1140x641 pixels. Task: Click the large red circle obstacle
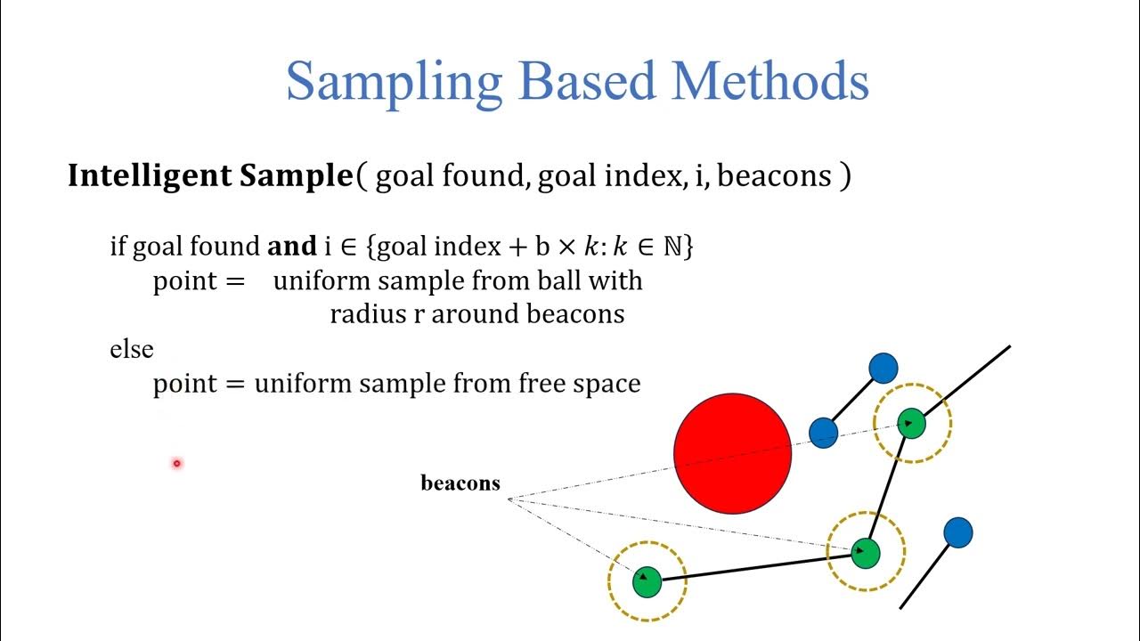732,454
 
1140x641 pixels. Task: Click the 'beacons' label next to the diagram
460,483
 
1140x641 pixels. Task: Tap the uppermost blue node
883,368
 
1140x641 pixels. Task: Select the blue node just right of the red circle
824,434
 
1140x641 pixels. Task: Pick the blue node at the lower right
957,533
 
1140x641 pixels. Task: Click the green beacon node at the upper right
911,424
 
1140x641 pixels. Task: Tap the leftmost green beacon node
647,581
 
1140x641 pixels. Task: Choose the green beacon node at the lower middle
865,552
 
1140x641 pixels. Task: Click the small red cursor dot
176,463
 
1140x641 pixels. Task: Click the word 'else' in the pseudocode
132,350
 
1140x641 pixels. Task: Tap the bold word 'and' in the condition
291,247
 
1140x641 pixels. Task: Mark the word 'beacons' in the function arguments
773,176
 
